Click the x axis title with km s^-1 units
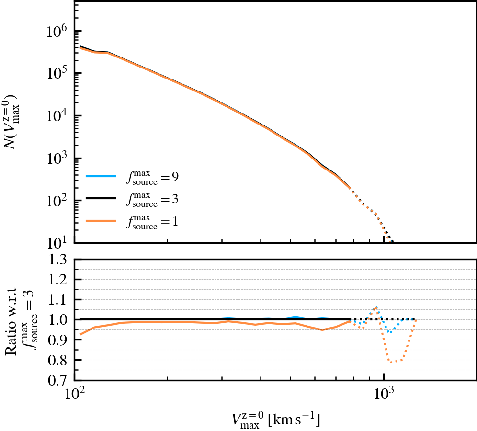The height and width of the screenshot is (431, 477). coord(275,420)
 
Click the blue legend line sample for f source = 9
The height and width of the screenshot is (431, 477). coord(101,176)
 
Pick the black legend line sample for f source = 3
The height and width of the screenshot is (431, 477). coord(101,198)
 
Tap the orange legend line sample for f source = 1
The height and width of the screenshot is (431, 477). coord(101,220)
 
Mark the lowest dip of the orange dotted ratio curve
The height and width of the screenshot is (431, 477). coord(392,362)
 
